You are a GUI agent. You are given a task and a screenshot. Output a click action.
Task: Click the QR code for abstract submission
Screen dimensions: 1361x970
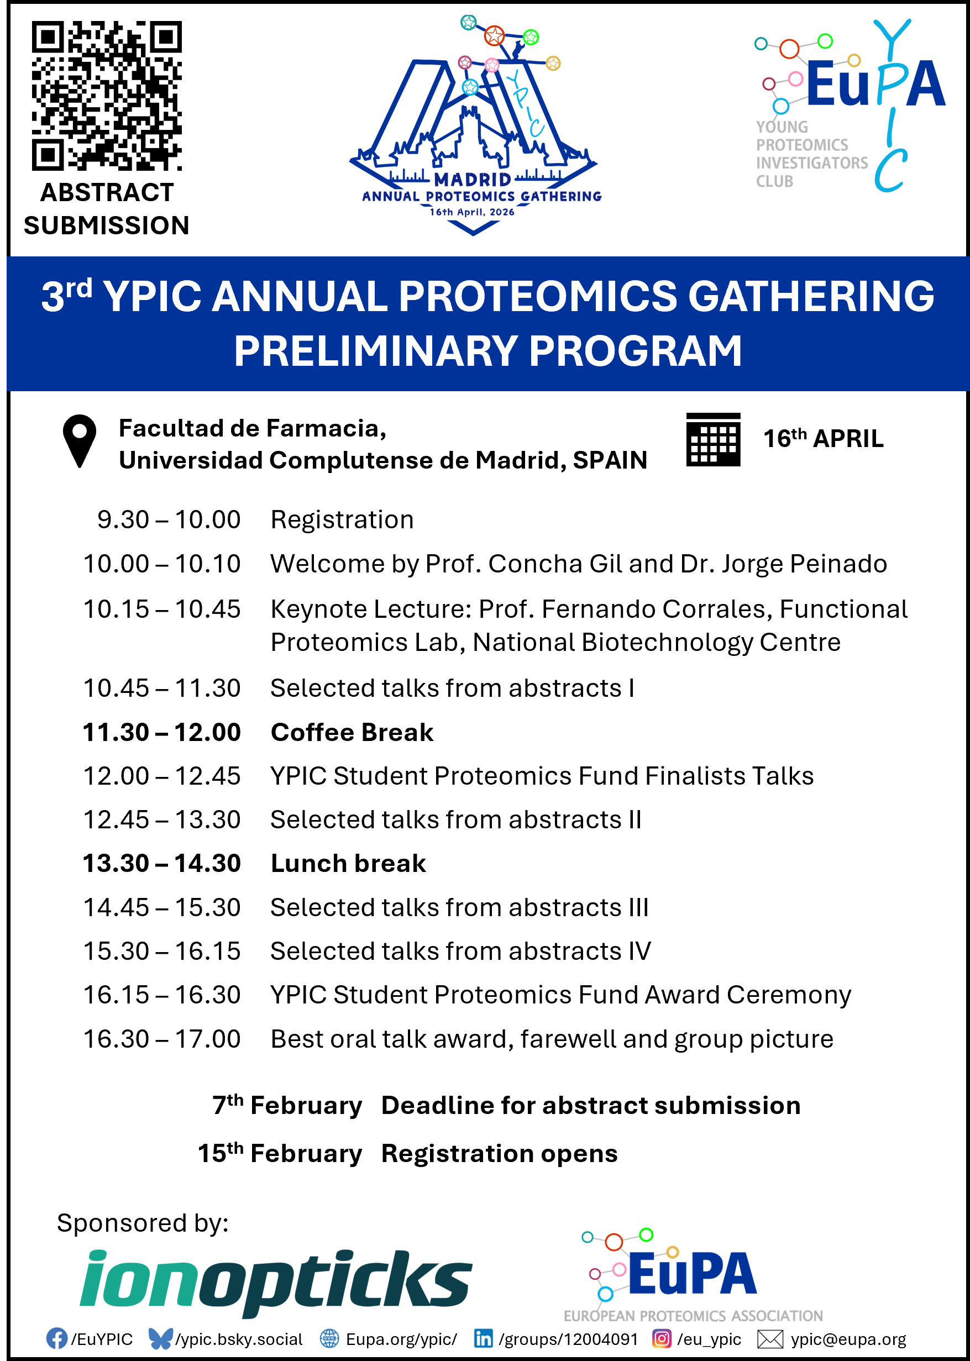click(x=107, y=96)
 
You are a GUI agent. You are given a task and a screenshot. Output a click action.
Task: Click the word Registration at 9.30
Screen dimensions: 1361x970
click(x=342, y=520)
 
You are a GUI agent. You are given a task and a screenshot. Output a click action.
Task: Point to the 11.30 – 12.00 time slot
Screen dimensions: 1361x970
click(x=161, y=733)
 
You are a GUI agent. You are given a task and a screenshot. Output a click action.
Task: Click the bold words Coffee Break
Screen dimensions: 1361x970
click(x=352, y=733)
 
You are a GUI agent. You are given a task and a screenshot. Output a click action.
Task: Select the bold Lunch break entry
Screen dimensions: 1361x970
click(x=348, y=864)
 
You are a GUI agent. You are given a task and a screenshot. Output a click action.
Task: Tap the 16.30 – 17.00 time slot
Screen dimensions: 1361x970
click(x=161, y=1039)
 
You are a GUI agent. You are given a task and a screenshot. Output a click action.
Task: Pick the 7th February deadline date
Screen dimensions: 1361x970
click(x=287, y=1105)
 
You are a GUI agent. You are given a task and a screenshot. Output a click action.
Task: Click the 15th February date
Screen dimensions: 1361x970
click(x=280, y=1153)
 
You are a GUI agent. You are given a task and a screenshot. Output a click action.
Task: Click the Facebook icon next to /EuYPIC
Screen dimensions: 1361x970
click(x=57, y=1338)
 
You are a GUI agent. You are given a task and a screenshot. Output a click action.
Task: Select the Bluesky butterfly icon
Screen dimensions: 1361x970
click(x=160, y=1338)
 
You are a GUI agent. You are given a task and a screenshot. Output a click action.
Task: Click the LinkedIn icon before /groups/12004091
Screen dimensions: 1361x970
click(x=483, y=1338)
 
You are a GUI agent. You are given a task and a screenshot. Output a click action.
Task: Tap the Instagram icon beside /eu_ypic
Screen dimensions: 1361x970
click(x=661, y=1338)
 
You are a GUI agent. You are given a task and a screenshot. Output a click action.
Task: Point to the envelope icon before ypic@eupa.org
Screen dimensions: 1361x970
click(x=770, y=1339)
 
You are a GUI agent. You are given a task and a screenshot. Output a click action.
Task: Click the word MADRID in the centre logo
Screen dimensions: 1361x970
click(x=473, y=180)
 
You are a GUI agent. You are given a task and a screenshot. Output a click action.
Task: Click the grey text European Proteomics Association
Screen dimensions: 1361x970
click(x=693, y=1316)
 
